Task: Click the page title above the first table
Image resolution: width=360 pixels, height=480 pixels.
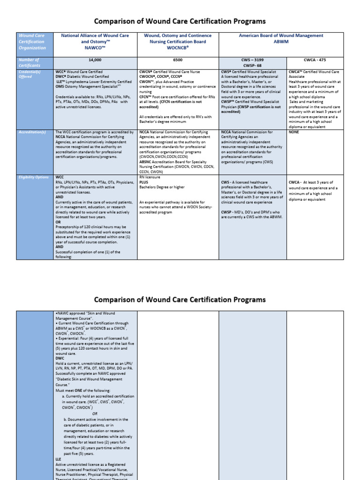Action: point(180,22)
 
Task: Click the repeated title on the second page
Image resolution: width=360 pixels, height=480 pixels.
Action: point(180,300)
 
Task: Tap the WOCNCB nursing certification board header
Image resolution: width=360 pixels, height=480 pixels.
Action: point(178,41)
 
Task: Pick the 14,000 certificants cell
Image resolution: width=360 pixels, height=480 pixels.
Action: point(95,60)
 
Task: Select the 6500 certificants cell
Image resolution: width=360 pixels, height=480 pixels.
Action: point(178,60)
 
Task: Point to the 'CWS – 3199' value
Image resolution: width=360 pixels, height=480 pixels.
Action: point(253,60)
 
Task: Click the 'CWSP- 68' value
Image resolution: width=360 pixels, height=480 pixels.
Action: point(253,66)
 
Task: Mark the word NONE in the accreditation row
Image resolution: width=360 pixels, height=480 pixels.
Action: point(294,132)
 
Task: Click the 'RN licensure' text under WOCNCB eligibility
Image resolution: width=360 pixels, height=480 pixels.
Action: point(150,178)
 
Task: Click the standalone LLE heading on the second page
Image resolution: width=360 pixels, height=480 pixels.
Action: point(58,459)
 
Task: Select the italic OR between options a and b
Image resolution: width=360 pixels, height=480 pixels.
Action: point(95,414)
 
